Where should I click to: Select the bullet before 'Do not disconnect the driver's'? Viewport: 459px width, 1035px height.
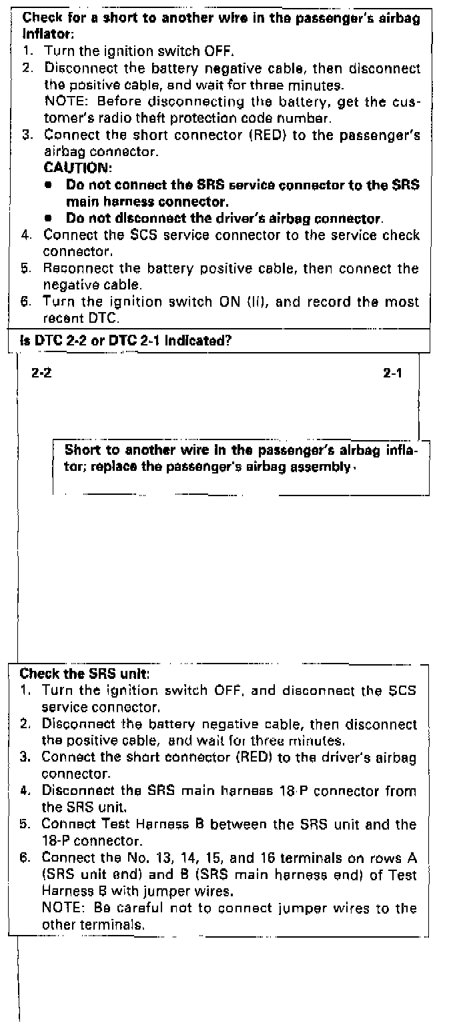click(x=50, y=218)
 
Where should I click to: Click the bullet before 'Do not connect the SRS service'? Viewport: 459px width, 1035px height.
click(x=50, y=184)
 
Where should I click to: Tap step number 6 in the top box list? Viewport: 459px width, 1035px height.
click(x=27, y=302)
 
